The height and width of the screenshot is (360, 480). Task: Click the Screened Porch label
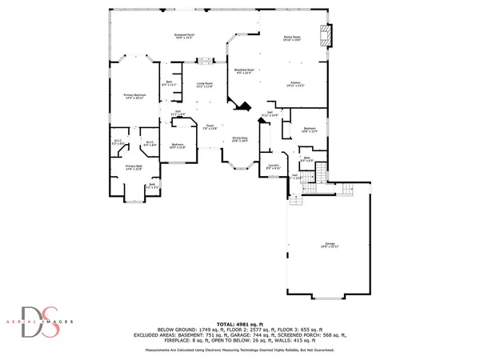pos(186,37)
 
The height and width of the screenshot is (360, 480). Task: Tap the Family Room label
pos(291,38)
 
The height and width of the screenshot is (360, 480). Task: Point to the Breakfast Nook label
pos(244,71)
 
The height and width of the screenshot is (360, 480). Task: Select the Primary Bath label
pos(134,168)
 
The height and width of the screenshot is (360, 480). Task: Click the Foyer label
pos(210,126)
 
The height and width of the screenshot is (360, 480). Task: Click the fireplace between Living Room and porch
pos(206,60)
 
